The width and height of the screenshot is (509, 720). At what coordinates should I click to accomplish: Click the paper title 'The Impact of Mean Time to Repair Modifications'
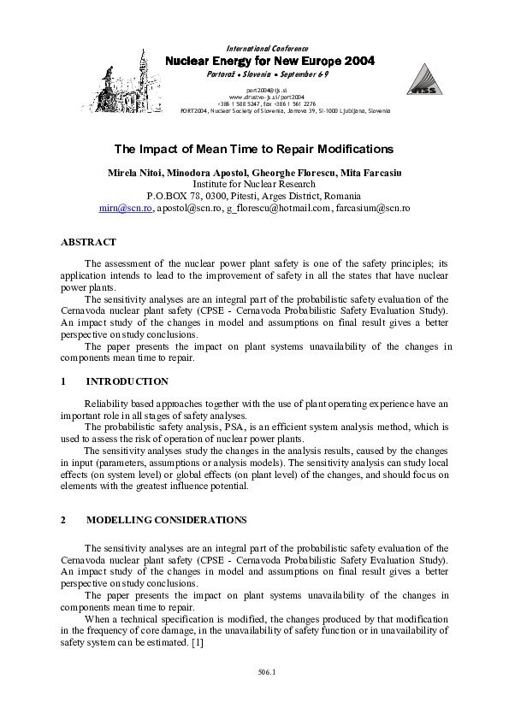pos(254,149)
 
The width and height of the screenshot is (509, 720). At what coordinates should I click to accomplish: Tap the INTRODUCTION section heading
pos(127,381)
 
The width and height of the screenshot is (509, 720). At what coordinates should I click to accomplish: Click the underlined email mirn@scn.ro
pos(126,208)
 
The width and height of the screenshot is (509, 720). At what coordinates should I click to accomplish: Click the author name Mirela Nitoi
pos(139,174)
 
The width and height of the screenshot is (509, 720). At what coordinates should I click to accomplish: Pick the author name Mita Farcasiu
pos(371,174)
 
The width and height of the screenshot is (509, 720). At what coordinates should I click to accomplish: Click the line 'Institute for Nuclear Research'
pos(254,184)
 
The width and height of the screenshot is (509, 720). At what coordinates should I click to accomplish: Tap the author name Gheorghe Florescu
pos(294,174)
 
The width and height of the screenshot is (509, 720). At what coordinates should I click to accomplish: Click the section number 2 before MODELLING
pos(64,520)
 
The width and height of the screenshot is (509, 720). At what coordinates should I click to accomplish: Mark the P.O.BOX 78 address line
pos(254,196)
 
